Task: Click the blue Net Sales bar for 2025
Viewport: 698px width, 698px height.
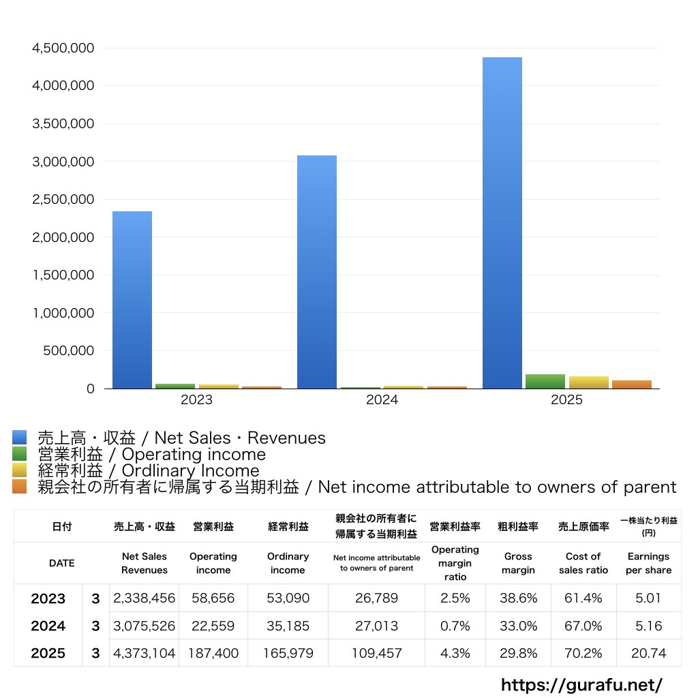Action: [502, 223]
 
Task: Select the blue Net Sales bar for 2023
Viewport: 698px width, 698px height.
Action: [132, 300]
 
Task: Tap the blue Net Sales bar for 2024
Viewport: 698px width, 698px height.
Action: [317, 272]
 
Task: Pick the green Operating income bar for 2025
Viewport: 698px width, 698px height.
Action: [545, 382]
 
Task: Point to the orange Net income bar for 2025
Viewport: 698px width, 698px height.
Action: [632, 384]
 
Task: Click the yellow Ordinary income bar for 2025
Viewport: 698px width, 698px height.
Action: [588, 382]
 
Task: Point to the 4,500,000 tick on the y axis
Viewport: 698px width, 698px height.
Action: [63, 48]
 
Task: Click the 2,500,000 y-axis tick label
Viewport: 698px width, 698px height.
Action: [63, 200]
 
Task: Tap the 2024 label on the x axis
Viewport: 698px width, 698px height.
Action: [382, 399]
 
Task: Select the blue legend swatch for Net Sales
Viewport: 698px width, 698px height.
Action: [20, 438]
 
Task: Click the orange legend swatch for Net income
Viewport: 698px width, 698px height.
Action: [20, 487]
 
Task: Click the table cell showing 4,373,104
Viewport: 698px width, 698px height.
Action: [145, 653]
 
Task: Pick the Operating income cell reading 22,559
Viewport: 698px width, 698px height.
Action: [213, 626]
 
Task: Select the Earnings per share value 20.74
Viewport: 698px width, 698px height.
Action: [649, 653]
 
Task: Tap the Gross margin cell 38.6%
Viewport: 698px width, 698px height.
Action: [518, 598]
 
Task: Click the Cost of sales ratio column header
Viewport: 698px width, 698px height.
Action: [583, 563]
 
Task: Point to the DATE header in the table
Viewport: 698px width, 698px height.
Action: [62, 563]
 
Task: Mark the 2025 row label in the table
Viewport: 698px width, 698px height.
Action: [48, 653]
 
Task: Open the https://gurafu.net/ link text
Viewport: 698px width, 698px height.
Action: [581, 685]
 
